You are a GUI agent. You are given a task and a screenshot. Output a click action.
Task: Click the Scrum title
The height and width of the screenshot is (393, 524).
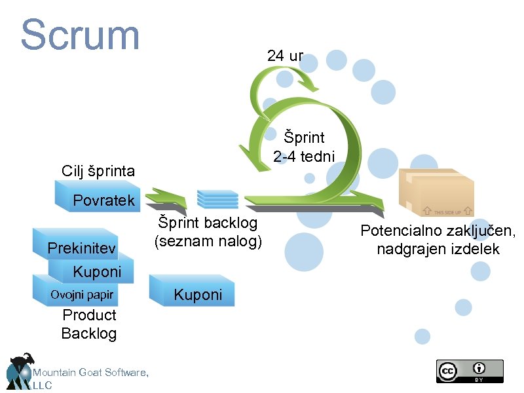coord(81,35)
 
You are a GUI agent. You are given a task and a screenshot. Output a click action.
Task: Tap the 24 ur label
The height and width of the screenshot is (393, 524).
coord(285,56)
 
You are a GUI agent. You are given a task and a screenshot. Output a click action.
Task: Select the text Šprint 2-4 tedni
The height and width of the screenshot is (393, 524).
coord(304,147)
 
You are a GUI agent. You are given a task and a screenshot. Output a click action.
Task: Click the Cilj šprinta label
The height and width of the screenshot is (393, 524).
coord(98,172)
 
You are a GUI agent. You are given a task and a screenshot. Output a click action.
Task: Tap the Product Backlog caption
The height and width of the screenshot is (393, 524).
coord(89,324)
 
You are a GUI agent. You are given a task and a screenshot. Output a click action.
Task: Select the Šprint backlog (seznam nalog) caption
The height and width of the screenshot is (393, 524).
coord(208,232)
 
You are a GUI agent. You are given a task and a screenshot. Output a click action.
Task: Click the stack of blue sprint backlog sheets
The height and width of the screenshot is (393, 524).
coord(217,198)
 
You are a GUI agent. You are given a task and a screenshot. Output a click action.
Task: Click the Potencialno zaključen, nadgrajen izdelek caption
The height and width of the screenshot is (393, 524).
coord(438,240)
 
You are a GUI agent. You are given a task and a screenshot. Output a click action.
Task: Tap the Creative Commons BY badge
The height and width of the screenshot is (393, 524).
coord(470,371)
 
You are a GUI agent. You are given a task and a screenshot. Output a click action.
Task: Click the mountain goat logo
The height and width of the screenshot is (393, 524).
coord(20,371)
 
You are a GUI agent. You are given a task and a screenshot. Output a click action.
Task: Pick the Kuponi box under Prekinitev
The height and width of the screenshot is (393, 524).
coord(95,271)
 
